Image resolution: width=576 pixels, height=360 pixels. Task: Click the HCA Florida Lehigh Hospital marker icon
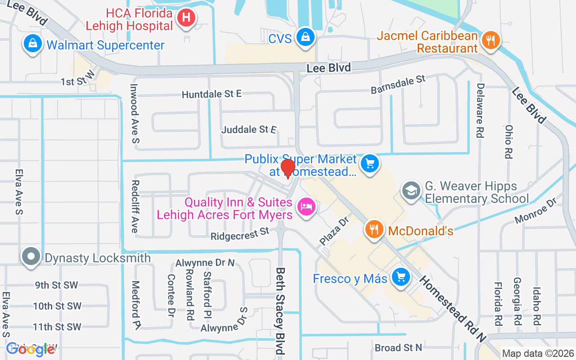(x=186, y=18)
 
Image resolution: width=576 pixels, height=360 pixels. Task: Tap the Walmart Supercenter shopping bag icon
(x=33, y=44)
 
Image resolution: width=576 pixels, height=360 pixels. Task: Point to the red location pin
(x=288, y=169)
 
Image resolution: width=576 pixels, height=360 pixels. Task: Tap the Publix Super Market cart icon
(x=370, y=163)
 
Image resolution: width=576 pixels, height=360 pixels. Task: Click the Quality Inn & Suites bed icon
(x=306, y=207)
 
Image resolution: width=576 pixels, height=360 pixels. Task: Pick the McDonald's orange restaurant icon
(x=374, y=230)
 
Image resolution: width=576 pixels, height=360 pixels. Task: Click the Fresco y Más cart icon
(x=400, y=277)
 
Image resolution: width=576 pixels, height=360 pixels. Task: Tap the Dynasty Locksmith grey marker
(x=31, y=257)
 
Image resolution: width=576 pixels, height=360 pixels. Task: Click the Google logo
(x=30, y=349)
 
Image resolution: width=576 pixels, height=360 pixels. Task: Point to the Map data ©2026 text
(x=538, y=353)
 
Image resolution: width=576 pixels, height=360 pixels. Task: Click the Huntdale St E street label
(x=211, y=94)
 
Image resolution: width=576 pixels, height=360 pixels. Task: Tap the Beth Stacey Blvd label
(x=280, y=310)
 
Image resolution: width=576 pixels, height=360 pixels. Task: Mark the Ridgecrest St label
(x=239, y=234)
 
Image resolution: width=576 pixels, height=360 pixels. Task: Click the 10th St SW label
(x=57, y=306)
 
